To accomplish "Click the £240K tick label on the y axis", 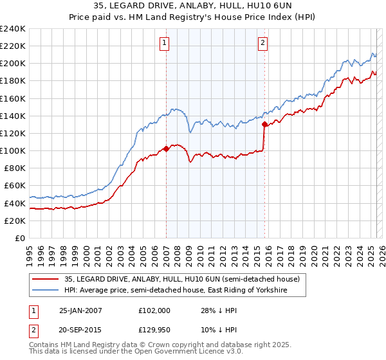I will coord(12,29).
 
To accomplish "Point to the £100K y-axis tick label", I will coord(12,150).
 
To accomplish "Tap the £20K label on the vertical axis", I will coord(14,221).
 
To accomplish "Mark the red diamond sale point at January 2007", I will coord(166,148).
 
